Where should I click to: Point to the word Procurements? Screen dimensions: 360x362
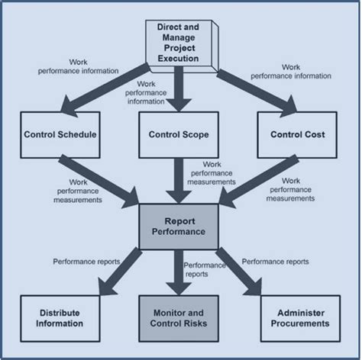tap(298, 323)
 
